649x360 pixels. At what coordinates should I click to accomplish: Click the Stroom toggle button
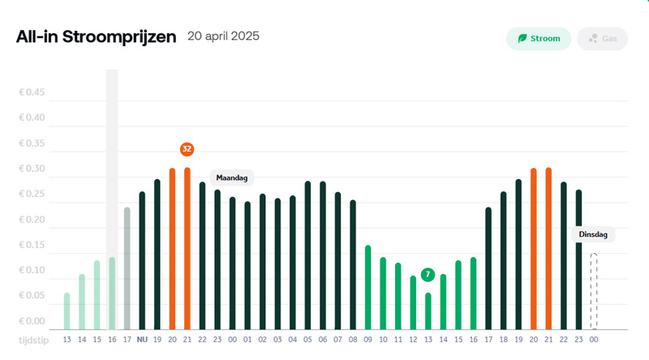[539, 38]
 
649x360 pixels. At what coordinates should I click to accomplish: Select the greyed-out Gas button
[602, 38]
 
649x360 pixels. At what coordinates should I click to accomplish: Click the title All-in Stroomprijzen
[96, 38]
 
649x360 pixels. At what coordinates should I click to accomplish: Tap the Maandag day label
[232, 177]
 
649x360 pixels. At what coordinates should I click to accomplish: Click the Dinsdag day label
[593, 234]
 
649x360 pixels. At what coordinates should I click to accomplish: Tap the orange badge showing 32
[187, 149]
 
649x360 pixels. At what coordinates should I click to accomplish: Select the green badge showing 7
[428, 275]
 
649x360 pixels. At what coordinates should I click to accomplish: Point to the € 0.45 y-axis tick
[33, 92]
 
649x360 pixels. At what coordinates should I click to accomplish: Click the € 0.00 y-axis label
[33, 320]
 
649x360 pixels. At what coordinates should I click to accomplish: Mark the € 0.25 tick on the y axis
[33, 194]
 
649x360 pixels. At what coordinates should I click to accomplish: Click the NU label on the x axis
[142, 339]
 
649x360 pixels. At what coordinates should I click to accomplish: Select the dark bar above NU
[142, 259]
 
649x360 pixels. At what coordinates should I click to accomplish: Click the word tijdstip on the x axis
[33, 339]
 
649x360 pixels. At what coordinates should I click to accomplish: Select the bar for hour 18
[503, 259]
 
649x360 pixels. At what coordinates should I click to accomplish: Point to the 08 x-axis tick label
[353, 339]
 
